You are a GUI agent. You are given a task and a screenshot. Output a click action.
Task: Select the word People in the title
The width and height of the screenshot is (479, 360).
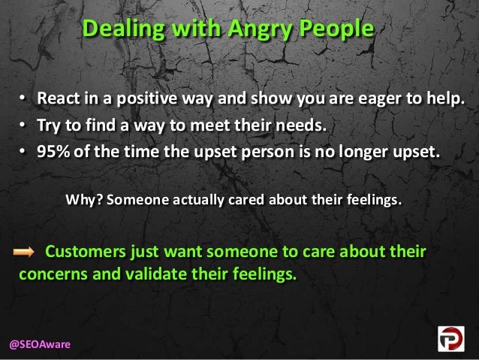click(x=335, y=30)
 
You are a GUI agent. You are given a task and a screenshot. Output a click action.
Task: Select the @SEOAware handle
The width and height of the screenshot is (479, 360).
click(x=40, y=343)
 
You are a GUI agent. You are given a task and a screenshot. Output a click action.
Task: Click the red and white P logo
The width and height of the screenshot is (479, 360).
click(x=452, y=338)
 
